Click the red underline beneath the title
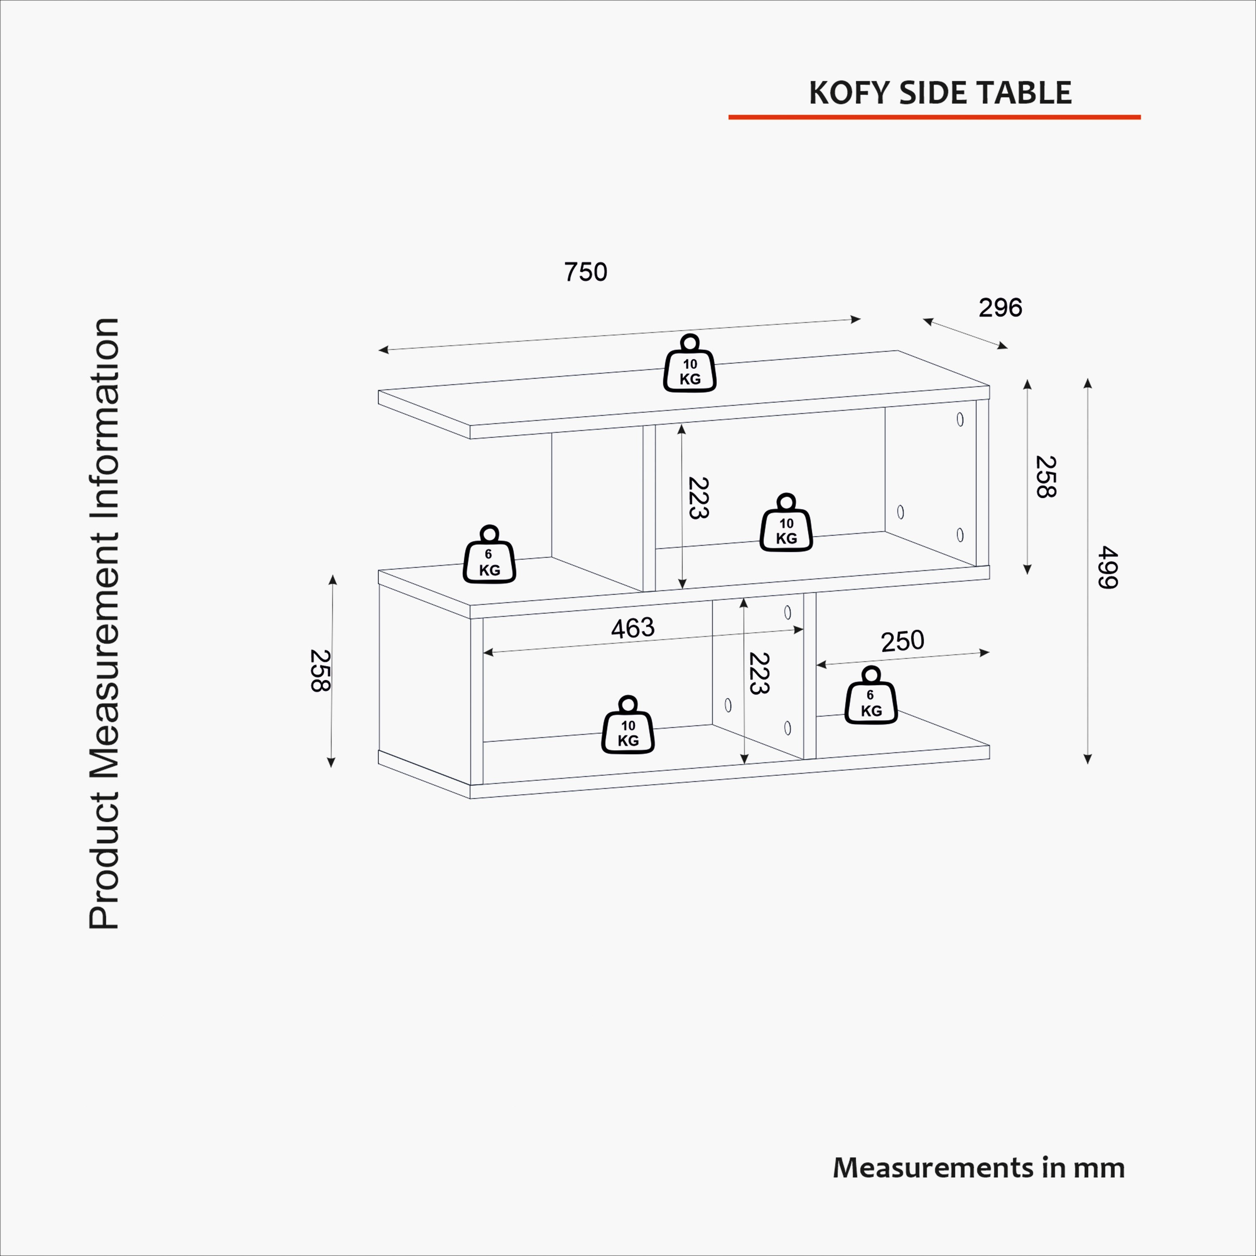pyautogui.click(x=934, y=117)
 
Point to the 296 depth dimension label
pyautogui.click(x=1001, y=307)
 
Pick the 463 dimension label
pyautogui.click(x=633, y=628)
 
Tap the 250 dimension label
pyautogui.click(x=902, y=641)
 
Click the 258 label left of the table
pyautogui.click(x=320, y=671)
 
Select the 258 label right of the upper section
pyautogui.click(x=1045, y=477)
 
